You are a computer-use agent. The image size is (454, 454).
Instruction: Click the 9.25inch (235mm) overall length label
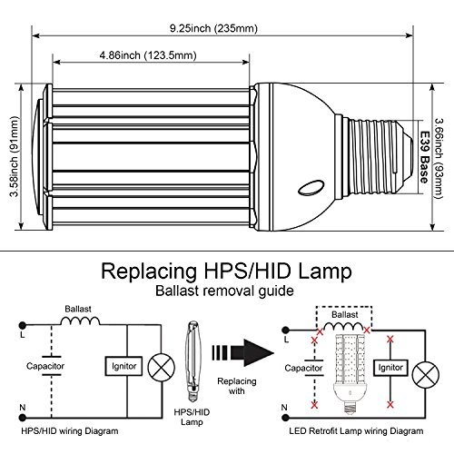click(x=213, y=28)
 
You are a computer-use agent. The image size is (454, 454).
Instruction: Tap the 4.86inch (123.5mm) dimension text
click(x=148, y=55)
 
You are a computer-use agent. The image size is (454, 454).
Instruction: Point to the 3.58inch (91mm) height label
click(x=14, y=156)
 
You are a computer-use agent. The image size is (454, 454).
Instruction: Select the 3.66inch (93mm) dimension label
click(x=439, y=158)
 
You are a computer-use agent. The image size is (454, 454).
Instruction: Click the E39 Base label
click(x=424, y=157)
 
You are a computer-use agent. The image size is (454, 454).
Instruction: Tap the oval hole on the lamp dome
click(x=311, y=188)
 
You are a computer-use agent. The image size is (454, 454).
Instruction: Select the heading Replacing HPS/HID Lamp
click(x=226, y=271)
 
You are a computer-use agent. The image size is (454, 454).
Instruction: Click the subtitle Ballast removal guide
click(x=224, y=291)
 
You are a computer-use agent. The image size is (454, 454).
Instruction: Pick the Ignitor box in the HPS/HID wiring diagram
click(x=123, y=366)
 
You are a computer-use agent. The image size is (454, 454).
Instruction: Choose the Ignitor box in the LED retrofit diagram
click(x=390, y=368)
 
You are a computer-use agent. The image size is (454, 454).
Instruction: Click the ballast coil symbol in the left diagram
click(x=80, y=321)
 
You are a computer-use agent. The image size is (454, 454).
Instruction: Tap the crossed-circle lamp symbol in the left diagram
click(x=162, y=367)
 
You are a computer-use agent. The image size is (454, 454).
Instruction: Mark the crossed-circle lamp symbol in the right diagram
click(x=426, y=374)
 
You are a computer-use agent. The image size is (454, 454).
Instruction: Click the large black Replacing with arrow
click(x=243, y=352)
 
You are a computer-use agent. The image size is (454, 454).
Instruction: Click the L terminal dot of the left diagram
click(x=23, y=325)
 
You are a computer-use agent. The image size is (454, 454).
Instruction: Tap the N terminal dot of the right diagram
click(x=284, y=418)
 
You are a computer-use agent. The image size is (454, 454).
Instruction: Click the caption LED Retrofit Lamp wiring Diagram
click(x=356, y=431)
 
